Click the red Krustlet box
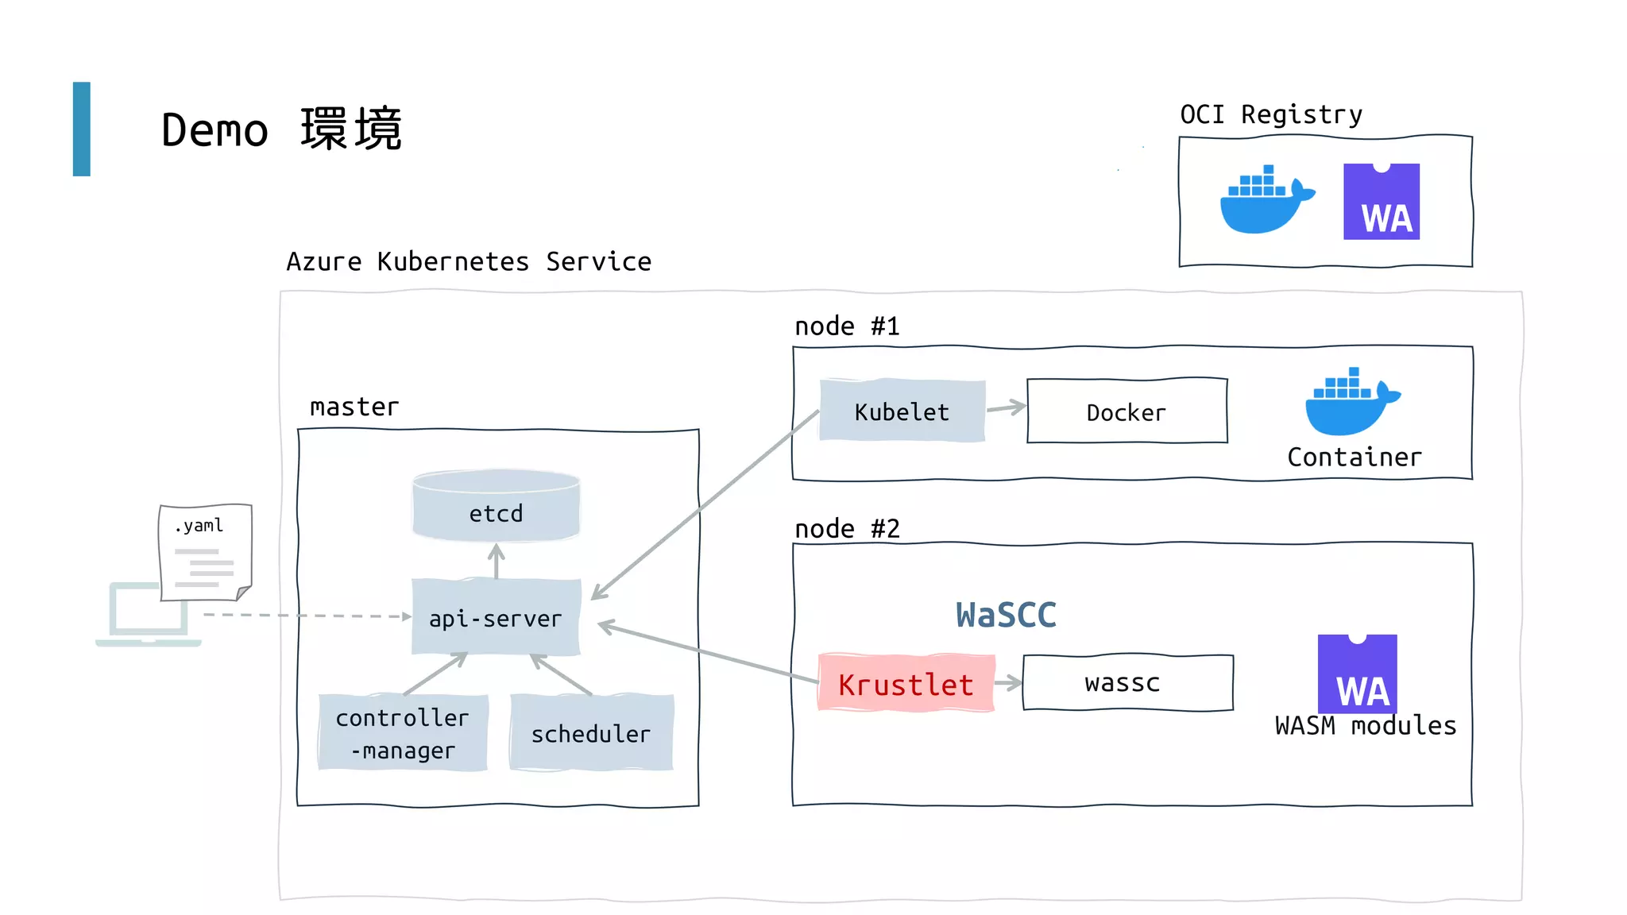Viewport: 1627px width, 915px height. click(906, 683)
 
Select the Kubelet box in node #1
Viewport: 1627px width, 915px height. click(902, 411)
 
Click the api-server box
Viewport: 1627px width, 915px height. click(496, 617)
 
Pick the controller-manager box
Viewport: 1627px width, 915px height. click(403, 732)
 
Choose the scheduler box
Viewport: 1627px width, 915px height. click(591, 732)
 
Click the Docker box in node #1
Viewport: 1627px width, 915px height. click(1127, 411)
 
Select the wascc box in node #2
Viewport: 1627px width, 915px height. click(1127, 683)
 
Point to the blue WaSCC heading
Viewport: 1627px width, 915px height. click(1006, 615)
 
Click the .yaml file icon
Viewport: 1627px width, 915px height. click(205, 551)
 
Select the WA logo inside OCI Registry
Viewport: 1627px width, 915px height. click(1381, 202)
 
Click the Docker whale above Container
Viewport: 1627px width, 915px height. click(1351, 403)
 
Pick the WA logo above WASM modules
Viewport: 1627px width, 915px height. click(1357, 674)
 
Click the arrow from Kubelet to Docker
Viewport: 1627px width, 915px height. click(1006, 407)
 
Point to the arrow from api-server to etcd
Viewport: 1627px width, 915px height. click(497, 561)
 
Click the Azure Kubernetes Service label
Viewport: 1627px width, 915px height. click(469, 261)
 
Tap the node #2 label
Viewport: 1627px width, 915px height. click(847, 528)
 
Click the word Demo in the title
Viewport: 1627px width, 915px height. click(214, 130)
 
